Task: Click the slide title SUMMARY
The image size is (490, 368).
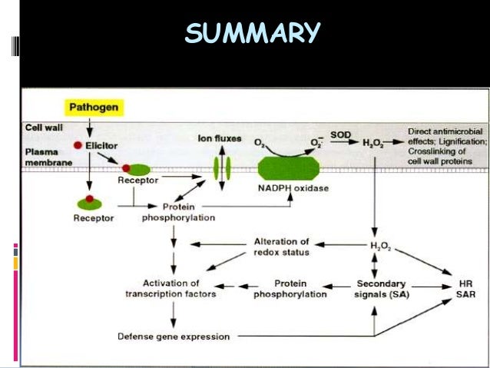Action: [252, 33]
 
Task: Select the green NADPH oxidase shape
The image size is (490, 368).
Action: [288, 167]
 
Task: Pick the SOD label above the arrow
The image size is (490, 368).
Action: [340, 136]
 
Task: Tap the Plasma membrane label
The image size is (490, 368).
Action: [47, 157]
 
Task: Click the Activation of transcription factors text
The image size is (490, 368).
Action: [171, 289]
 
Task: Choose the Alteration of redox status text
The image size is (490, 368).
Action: [281, 247]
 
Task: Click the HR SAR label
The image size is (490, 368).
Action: [465, 289]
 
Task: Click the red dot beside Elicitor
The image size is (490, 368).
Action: [78, 144]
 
